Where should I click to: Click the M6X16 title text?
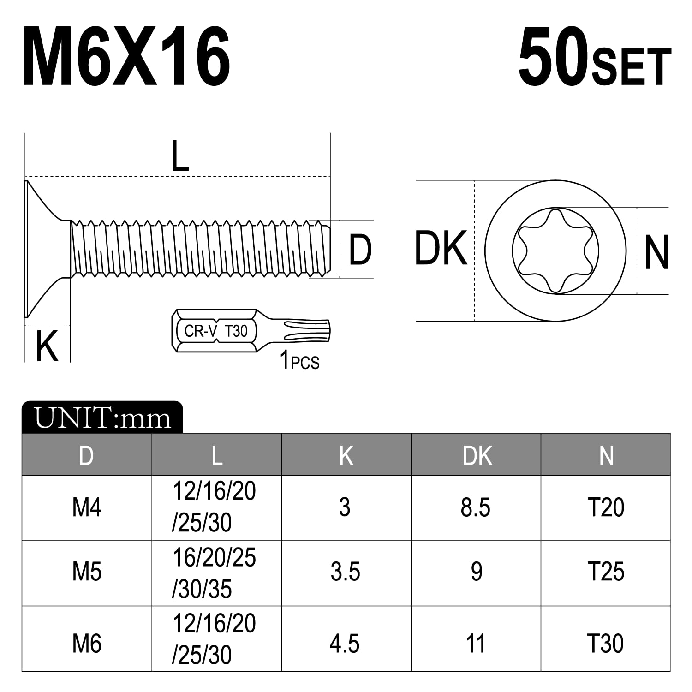(x=126, y=57)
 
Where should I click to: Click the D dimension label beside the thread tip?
(x=360, y=250)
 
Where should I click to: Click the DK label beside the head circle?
(x=441, y=249)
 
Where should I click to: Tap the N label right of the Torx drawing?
(x=656, y=252)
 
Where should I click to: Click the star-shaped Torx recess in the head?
(x=555, y=251)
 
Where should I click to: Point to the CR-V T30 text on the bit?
(x=216, y=331)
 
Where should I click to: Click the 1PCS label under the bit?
(x=299, y=360)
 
